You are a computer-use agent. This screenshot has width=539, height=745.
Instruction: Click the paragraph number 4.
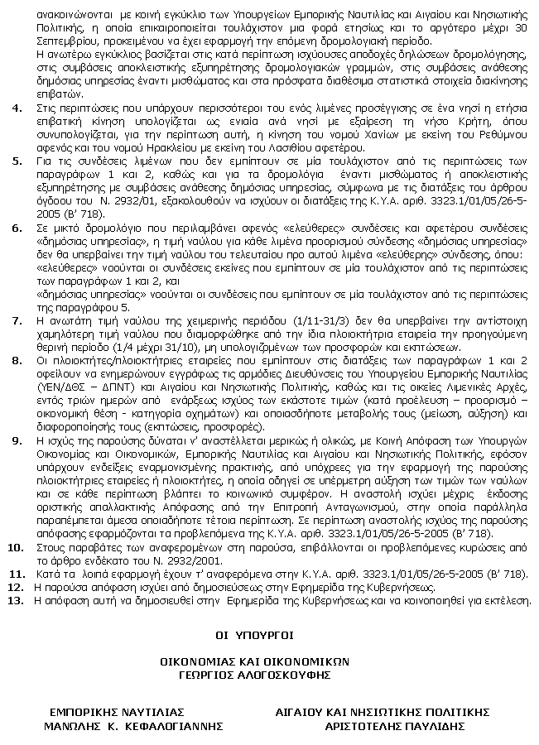[x=17, y=108]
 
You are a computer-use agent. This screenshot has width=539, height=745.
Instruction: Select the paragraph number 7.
[x=17, y=319]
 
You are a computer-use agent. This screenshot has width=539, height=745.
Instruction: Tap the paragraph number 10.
[x=15, y=547]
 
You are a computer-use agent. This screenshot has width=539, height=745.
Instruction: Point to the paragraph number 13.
[x=15, y=600]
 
